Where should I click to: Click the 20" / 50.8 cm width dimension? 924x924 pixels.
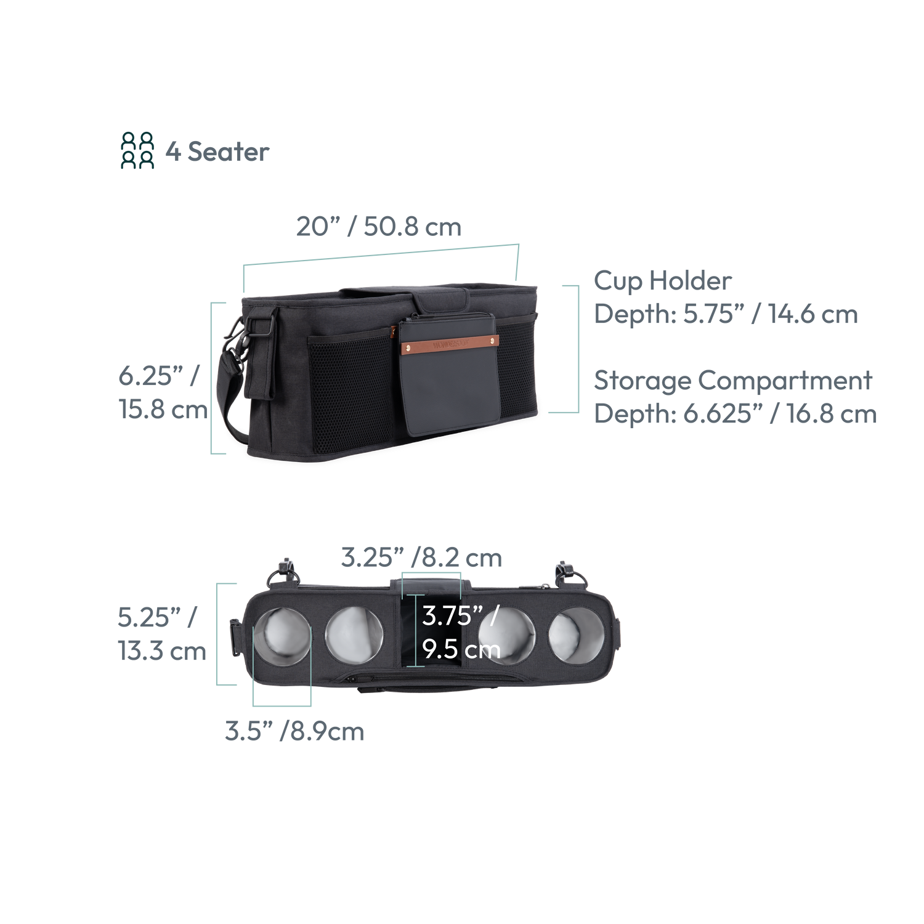(378, 227)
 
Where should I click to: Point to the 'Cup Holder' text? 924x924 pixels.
(663, 282)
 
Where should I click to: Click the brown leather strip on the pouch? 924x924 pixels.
(446, 343)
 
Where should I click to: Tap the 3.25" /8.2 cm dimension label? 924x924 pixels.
(421, 558)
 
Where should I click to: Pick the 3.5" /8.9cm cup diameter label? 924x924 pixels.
(294, 732)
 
